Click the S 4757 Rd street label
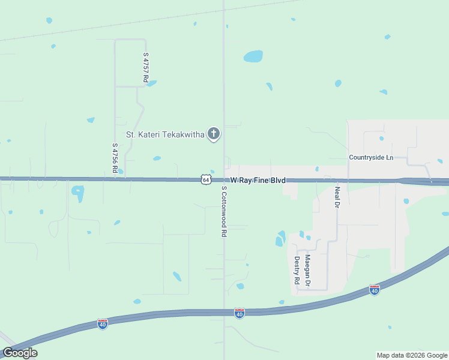146,67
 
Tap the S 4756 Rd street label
115,158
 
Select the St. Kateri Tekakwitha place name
165,134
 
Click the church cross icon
213,134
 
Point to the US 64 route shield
206,179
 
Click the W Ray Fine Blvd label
258,180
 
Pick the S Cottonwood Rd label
223,210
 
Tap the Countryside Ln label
371,157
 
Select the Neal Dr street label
337,197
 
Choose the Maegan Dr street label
307,270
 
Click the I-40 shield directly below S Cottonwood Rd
239,313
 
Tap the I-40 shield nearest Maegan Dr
375,290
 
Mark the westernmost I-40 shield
102,323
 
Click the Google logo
20,353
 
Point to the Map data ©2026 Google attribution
412,355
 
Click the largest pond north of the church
253,56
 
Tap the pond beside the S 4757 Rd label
151,83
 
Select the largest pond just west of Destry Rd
280,238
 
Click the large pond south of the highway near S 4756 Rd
78,193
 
